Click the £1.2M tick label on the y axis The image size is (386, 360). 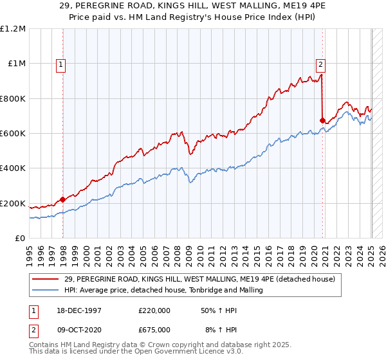[13, 29]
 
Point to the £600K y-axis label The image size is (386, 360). [13, 134]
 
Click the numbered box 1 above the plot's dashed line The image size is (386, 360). [60, 64]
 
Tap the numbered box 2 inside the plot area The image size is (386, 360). [320, 64]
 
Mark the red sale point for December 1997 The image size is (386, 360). [63, 199]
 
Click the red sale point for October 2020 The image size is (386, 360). [322, 120]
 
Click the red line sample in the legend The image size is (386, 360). [44, 279]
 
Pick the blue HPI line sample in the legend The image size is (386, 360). [44, 291]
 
